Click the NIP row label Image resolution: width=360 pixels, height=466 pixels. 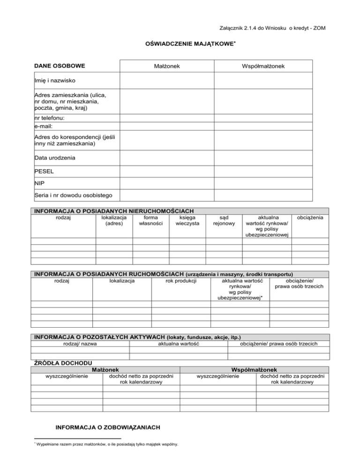pos(40,182)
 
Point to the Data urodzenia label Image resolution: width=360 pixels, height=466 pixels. pos(55,158)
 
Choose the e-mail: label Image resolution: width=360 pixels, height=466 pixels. pos(44,126)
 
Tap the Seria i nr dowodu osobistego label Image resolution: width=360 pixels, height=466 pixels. pos(70,195)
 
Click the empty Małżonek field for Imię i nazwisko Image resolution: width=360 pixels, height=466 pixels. pos(167,81)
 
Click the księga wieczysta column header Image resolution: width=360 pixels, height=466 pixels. pos(187,221)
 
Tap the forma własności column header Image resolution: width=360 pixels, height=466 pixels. pos(151,221)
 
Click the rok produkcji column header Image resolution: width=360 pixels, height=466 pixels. pos(181,281)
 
